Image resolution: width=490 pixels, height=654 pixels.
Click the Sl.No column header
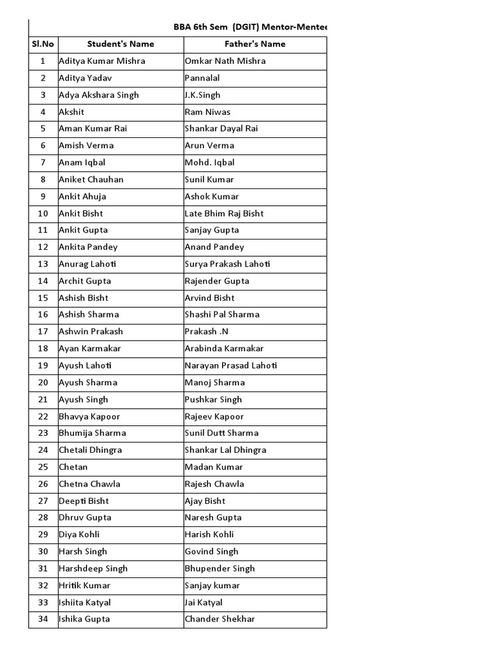click(43, 44)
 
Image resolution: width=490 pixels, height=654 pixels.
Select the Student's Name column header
click(121, 44)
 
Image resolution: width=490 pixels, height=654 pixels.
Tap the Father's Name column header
click(255, 44)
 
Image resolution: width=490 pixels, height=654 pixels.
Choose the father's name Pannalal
click(202, 78)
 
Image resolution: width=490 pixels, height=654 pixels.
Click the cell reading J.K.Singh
click(202, 95)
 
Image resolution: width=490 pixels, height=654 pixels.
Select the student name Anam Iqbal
click(82, 163)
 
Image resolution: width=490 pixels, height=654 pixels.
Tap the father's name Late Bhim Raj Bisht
click(224, 213)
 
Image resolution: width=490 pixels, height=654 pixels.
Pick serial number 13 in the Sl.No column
click(43, 264)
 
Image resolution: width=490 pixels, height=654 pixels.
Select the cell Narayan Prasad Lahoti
click(231, 365)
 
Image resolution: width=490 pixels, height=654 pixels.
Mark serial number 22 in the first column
click(43, 416)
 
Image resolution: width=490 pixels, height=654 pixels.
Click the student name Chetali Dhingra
click(90, 450)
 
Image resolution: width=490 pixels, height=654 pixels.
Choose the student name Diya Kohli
click(79, 535)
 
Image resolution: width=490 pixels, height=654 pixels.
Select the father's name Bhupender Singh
click(219, 568)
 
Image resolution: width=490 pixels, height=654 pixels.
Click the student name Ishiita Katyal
click(84, 602)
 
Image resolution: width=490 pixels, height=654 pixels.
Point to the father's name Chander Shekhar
click(219, 619)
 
